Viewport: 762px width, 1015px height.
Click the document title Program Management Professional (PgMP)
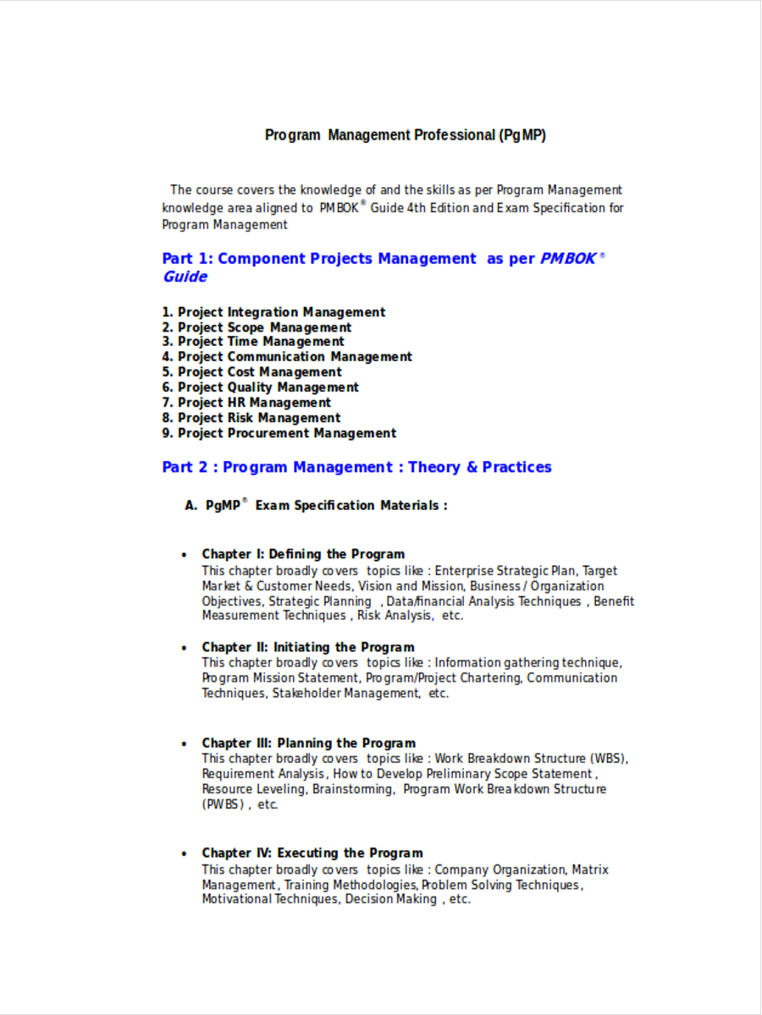click(x=406, y=135)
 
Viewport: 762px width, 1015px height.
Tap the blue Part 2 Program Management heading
click(x=356, y=467)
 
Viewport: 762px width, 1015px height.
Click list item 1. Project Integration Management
click(x=273, y=312)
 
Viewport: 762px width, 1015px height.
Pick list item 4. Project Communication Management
click(x=287, y=357)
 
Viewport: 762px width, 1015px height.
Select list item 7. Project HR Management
click(x=246, y=403)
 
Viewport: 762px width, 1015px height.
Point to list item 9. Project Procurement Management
click(x=279, y=433)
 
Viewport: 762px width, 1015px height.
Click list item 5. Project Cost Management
click(x=251, y=372)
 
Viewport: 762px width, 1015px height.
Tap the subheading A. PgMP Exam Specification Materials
click(x=316, y=506)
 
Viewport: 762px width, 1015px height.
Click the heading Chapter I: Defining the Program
click(x=303, y=554)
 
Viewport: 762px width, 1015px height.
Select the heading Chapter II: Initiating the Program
click(x=307, y=647)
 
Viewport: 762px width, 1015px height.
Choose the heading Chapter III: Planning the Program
click(x=308, y=743)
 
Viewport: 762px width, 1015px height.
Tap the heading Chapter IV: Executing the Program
click(x=312, y=853)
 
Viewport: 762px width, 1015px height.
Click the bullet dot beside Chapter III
click(x=185, y=744)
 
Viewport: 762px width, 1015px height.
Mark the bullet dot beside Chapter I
click(x=185, y=555)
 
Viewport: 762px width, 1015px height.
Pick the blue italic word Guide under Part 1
click(x=185, y=277)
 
